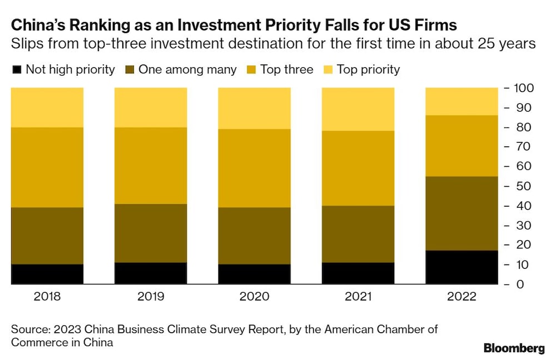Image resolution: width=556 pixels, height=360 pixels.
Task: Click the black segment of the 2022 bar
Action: click(x=461, y=267)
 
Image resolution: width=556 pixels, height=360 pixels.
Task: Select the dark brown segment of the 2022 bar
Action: click(x=461, y=213)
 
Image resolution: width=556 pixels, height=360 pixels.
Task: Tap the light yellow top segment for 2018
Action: click(x=47, y=107)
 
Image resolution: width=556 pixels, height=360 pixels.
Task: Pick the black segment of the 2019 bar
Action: click(x=151, y=273)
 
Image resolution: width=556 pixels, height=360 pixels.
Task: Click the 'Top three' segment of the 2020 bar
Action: click(x=254, y=168)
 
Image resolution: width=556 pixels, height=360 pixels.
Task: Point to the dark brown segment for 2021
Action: click(x=358, y=234)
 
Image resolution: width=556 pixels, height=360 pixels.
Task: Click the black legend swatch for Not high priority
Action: click(x=17, y=69)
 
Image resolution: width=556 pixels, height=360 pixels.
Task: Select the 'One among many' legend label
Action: click(x=187, y=69)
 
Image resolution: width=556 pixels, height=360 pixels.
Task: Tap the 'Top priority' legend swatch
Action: click(x=327, y=69)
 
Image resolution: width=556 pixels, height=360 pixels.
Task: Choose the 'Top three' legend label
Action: click(x=287, y=69)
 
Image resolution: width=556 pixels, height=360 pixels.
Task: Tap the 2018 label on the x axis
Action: click(x=47, y=297)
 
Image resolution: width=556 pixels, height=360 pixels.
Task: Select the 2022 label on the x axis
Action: click(x=461, y=297)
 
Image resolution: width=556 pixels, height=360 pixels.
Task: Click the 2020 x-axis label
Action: click(x=254, y=297)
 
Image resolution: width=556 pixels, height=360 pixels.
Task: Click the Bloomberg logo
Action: click(x=514, y=348)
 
